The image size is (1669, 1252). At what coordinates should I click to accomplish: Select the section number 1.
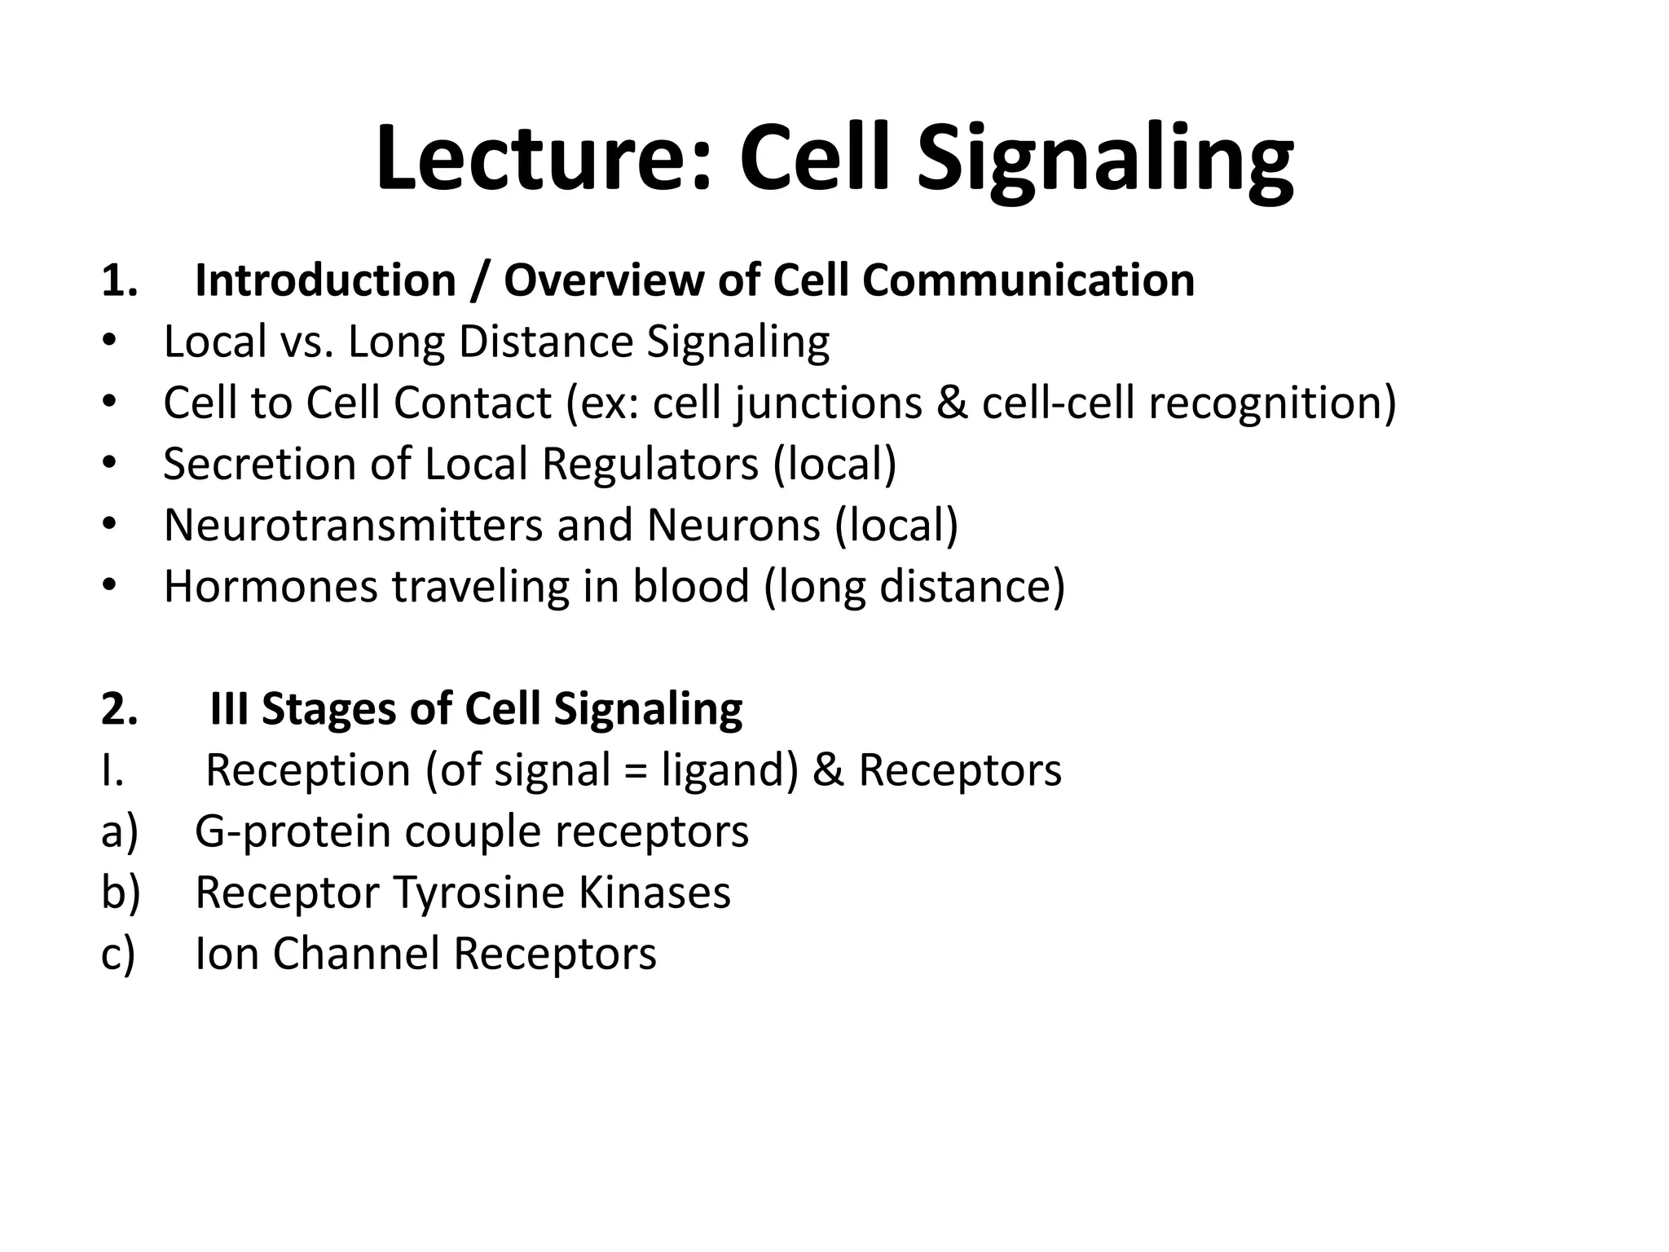click(119, 281)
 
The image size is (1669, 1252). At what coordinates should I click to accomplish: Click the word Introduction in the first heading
click(325, 281)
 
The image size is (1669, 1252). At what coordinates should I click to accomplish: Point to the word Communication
click(1028, 281)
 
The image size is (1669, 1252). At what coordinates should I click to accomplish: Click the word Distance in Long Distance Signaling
click(545, 342)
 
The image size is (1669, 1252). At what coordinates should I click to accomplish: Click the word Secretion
click(259, 464)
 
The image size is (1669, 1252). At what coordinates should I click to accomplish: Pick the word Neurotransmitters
click(353, 525)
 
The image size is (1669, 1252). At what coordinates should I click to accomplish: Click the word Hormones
click(271, 586)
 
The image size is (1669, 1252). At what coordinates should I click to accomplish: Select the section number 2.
click(119, 709)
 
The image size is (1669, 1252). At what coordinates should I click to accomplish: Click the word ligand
click(729, 771)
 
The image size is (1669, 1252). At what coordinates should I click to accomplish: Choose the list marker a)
click(120, 832)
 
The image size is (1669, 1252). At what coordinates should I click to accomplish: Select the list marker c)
click(118, 954)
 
